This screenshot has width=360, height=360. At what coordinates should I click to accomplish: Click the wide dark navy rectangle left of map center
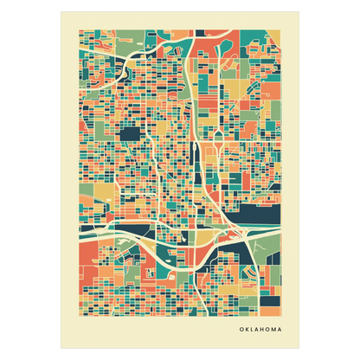pos(132,134)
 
